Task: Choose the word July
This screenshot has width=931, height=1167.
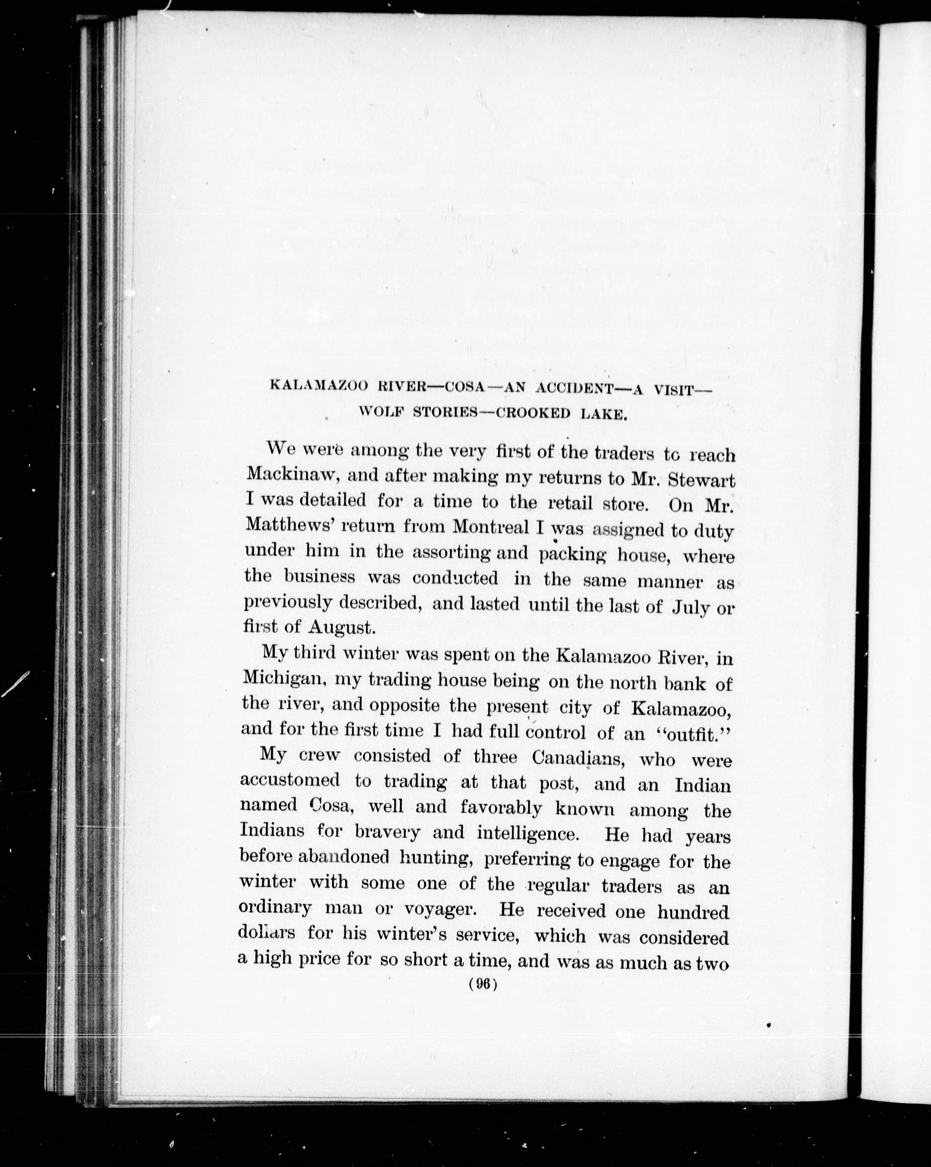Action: click(x=690, y=607)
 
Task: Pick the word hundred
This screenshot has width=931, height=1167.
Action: click(x=694, y=912)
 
